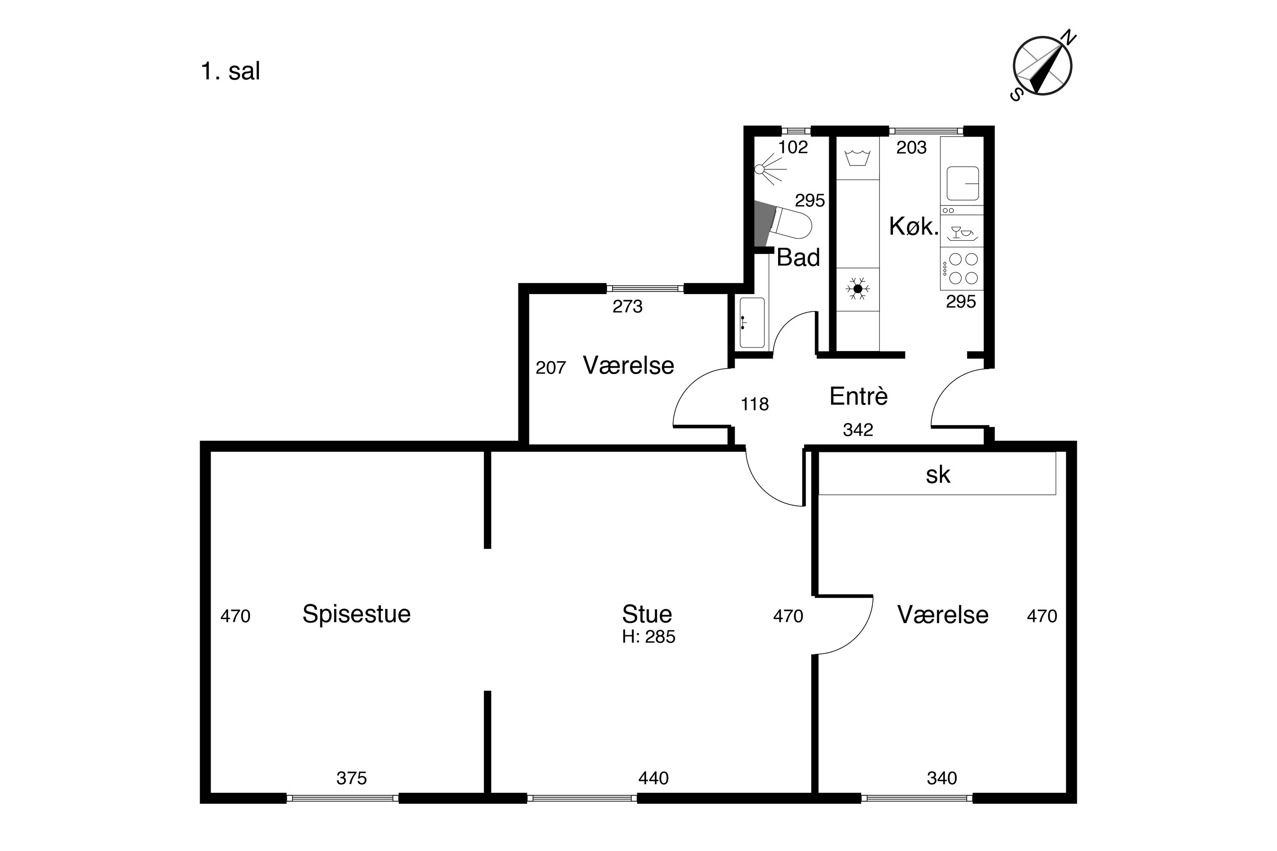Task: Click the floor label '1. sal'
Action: [230, 71]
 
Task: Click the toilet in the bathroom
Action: [788, 223]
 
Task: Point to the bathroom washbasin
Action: [751, 323]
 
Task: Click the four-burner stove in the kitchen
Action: [962, 268]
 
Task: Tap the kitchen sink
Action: [962, 183]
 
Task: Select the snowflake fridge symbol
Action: [858, 289]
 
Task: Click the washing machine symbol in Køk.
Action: [858, 157]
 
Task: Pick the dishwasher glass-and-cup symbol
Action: [962, 232]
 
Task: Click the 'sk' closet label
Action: [938, 474]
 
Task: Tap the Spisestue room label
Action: [356, 614]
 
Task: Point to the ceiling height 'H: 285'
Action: [648, 636]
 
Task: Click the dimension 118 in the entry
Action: [755, 404]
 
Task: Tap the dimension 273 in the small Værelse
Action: [627, 307]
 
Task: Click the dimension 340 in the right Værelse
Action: [942, 778]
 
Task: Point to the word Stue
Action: [647, 614]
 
